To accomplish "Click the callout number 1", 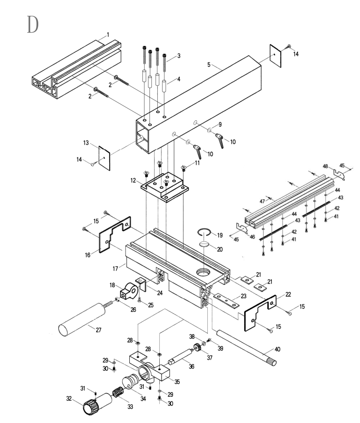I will click(108, 35).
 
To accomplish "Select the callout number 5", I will click(209, 64).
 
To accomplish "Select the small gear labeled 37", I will click(197, 347).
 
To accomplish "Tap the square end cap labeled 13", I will click(104, 158).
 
